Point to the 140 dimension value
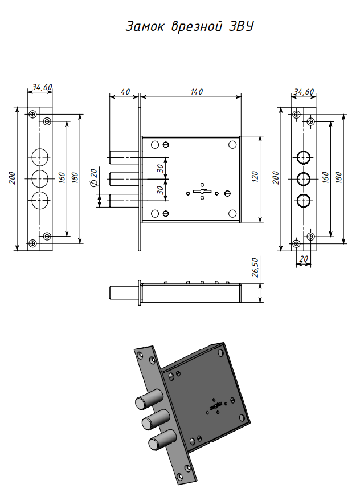tap(197, 91)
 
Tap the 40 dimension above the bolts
tap(125, 91)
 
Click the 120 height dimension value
tap(255, 177)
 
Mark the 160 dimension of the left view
tap(62, 177)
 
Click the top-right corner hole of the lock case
tap(232, 145)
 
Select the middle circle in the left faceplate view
tap(40, 178)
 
